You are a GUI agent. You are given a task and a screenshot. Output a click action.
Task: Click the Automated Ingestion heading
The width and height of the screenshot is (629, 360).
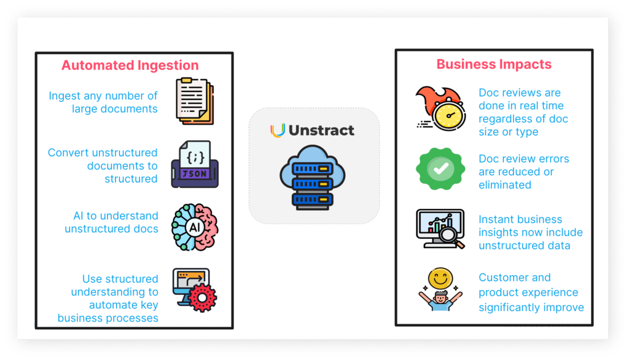tap(130, 66)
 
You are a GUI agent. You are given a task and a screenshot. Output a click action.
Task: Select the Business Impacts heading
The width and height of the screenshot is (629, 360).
tap(494, 65)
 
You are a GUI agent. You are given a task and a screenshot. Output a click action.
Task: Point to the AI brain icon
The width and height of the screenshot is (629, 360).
tap(195, 227)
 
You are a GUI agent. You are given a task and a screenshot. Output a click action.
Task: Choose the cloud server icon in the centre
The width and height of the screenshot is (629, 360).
tap(314, 175)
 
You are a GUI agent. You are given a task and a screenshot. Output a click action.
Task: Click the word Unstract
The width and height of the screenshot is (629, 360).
tap(322, 130)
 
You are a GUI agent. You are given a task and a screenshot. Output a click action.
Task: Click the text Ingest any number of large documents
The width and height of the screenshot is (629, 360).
tap(103, 102)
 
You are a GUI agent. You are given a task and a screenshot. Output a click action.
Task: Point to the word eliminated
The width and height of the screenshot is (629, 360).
tap(505, 184)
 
